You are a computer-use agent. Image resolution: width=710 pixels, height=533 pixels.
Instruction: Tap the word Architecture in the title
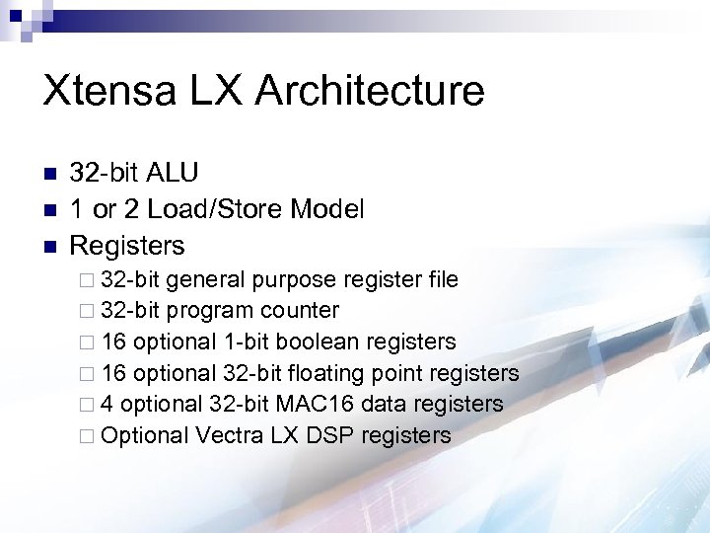pos(370,91)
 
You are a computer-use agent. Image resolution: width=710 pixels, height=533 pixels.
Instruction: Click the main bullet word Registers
pos(127,244)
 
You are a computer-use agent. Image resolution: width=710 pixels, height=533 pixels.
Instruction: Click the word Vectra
pos(231,435)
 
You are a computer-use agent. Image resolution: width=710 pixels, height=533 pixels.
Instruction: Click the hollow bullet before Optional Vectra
pos(87,436)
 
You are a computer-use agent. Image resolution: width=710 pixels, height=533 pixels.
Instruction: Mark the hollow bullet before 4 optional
pos(87,405)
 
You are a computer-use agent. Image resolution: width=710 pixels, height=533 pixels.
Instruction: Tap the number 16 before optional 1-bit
pos(113,342)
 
